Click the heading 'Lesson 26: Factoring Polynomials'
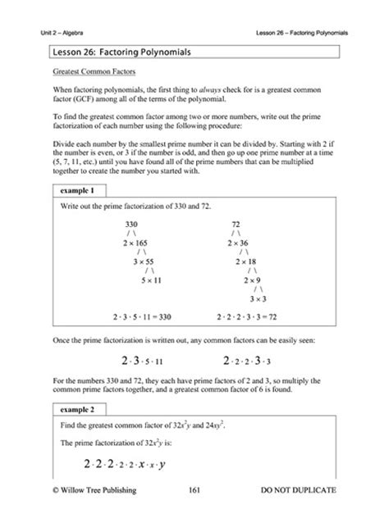coord(121,52)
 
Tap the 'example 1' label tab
coord(71,190)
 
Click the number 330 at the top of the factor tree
coord(131,223)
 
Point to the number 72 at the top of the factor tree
coord(236,223)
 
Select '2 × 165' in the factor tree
coord(135,243)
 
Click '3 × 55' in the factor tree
coord(144,263)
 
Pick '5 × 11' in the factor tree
coord(154,283)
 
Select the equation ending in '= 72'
coord(248,315)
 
